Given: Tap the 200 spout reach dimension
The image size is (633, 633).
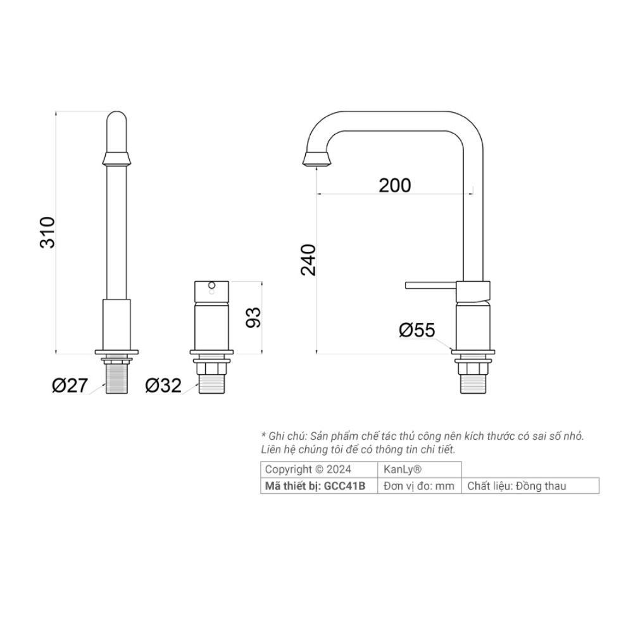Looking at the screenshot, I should (x=395, y=185).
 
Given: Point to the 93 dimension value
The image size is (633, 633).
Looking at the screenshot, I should (x=253, y=317).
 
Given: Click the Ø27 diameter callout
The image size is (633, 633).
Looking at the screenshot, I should (x=69, y=385).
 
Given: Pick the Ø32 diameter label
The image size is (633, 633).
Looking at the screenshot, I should (x=163, y=385).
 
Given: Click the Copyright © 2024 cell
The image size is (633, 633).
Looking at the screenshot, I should (x=308, y=470).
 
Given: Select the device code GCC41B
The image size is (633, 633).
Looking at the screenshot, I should (x=345, y=486).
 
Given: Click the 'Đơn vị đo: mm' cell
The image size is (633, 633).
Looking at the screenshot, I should (x=419, y=486).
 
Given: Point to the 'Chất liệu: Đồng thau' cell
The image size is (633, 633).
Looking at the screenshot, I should (x=517, y=486).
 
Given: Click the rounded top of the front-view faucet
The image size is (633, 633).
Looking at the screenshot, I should (x=116, y=120).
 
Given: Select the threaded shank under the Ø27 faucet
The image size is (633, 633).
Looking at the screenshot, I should (x=116, y=377).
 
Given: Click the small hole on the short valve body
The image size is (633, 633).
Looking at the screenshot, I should (x=211, y=286).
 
